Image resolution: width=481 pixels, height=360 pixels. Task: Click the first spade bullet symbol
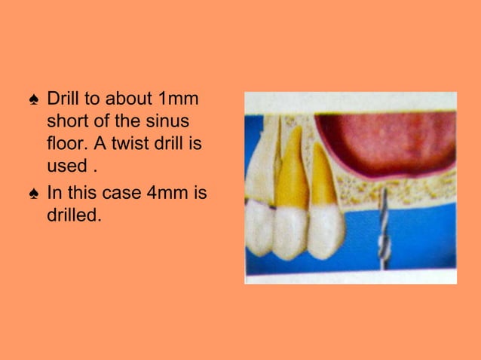(x=32, y=100)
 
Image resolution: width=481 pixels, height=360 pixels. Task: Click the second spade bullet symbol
(x=32, y=194)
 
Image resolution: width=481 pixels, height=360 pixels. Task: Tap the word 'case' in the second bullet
(x=124, y=193)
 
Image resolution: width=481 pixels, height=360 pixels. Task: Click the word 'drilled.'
(x=73, y=215)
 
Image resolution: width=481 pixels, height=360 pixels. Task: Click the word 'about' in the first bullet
(x=130, y=99)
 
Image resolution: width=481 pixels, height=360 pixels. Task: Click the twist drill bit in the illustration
(x=383, y=226)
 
